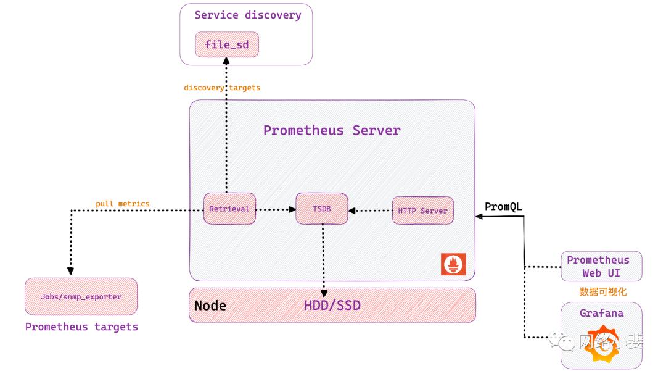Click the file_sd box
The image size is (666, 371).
226,44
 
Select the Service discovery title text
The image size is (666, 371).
248,15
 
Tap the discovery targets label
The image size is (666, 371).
222,88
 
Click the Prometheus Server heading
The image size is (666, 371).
332,130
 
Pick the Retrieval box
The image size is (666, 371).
229,209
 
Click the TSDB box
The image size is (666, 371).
321,209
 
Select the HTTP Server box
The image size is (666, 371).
422,211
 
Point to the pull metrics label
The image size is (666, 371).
123,204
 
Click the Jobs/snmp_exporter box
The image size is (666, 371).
81,297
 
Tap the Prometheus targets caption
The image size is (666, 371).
81,327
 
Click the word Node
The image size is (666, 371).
210,306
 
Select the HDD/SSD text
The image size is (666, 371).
332,306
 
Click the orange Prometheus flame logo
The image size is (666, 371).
453,264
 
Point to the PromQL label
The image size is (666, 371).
503,207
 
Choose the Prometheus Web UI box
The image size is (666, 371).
601,266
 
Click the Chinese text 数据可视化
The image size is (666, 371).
602,291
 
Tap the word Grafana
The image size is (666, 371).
601,313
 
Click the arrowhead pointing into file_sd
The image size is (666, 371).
226,60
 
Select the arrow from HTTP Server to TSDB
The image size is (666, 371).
370,211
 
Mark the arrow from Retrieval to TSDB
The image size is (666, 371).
276,209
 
